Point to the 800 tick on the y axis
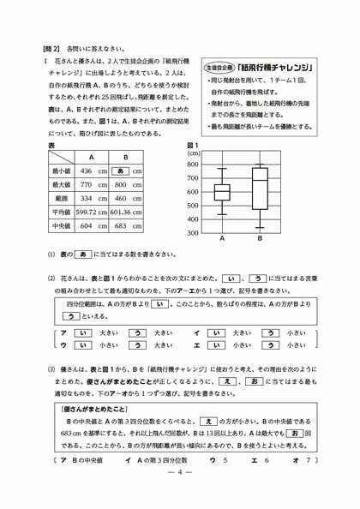[x=192, y=164]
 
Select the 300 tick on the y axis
[x=192, y=232]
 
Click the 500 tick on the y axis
[x=192, y=205]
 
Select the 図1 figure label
[x=193, y=146]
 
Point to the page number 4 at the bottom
[x=179, y=494]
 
